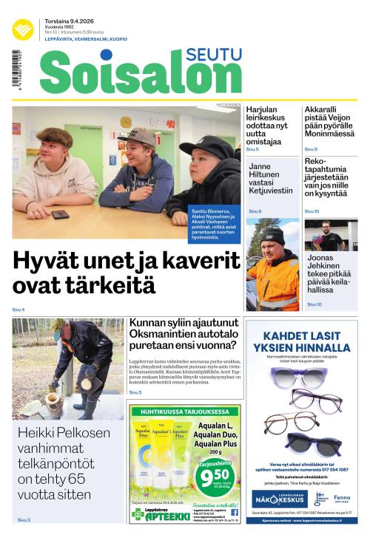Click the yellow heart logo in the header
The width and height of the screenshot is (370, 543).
pyautogui.click(x=22, y=30)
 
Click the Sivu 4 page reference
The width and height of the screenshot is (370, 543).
pyautogui.click(x=18, y=310)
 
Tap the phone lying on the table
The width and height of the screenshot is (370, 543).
pyautogui.click(x=60, y=215)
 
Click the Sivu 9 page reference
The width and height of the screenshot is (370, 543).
pyautogui.click(x=311, y=150)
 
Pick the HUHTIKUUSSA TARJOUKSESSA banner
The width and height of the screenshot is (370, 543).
pyautogui.click(x=185, y=411)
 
